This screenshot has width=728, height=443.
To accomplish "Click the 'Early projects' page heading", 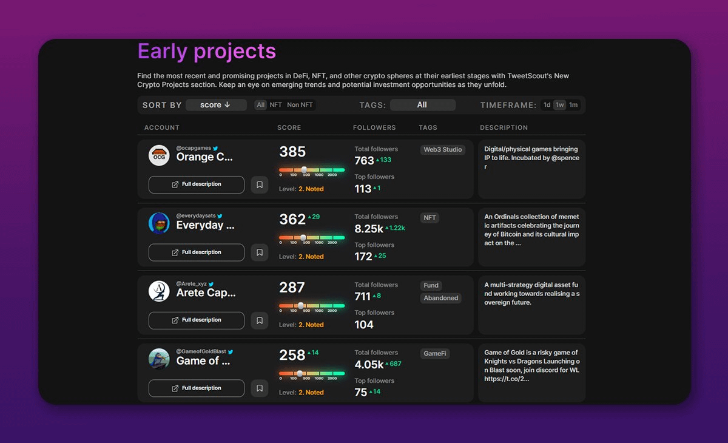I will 206,52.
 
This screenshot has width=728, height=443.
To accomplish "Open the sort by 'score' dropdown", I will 216,105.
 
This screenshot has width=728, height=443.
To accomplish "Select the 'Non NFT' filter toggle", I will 300,105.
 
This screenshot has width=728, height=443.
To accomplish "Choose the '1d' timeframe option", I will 547,105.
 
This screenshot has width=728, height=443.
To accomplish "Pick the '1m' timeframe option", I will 573,105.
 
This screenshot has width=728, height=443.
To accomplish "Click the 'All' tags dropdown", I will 422,105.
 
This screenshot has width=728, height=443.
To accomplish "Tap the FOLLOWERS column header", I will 374,127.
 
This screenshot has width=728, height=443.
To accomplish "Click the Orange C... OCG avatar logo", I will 159,155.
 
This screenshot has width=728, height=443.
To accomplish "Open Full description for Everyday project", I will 197,252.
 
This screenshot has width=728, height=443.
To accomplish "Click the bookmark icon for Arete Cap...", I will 260,320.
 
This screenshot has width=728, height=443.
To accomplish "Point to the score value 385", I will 292,152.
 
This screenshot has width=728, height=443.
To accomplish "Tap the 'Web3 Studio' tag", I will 443,150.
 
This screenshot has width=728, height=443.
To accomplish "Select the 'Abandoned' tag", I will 441,298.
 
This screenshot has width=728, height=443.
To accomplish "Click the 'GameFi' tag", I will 435,353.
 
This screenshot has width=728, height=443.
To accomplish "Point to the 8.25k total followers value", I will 369,229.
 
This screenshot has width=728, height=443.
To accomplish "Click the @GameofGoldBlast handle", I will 201,351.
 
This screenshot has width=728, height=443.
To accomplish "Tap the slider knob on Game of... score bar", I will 300,373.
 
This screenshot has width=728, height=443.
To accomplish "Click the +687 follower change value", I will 395,364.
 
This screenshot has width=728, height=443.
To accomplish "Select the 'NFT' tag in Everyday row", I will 430,218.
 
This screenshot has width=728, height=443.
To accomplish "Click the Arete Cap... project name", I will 206,293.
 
